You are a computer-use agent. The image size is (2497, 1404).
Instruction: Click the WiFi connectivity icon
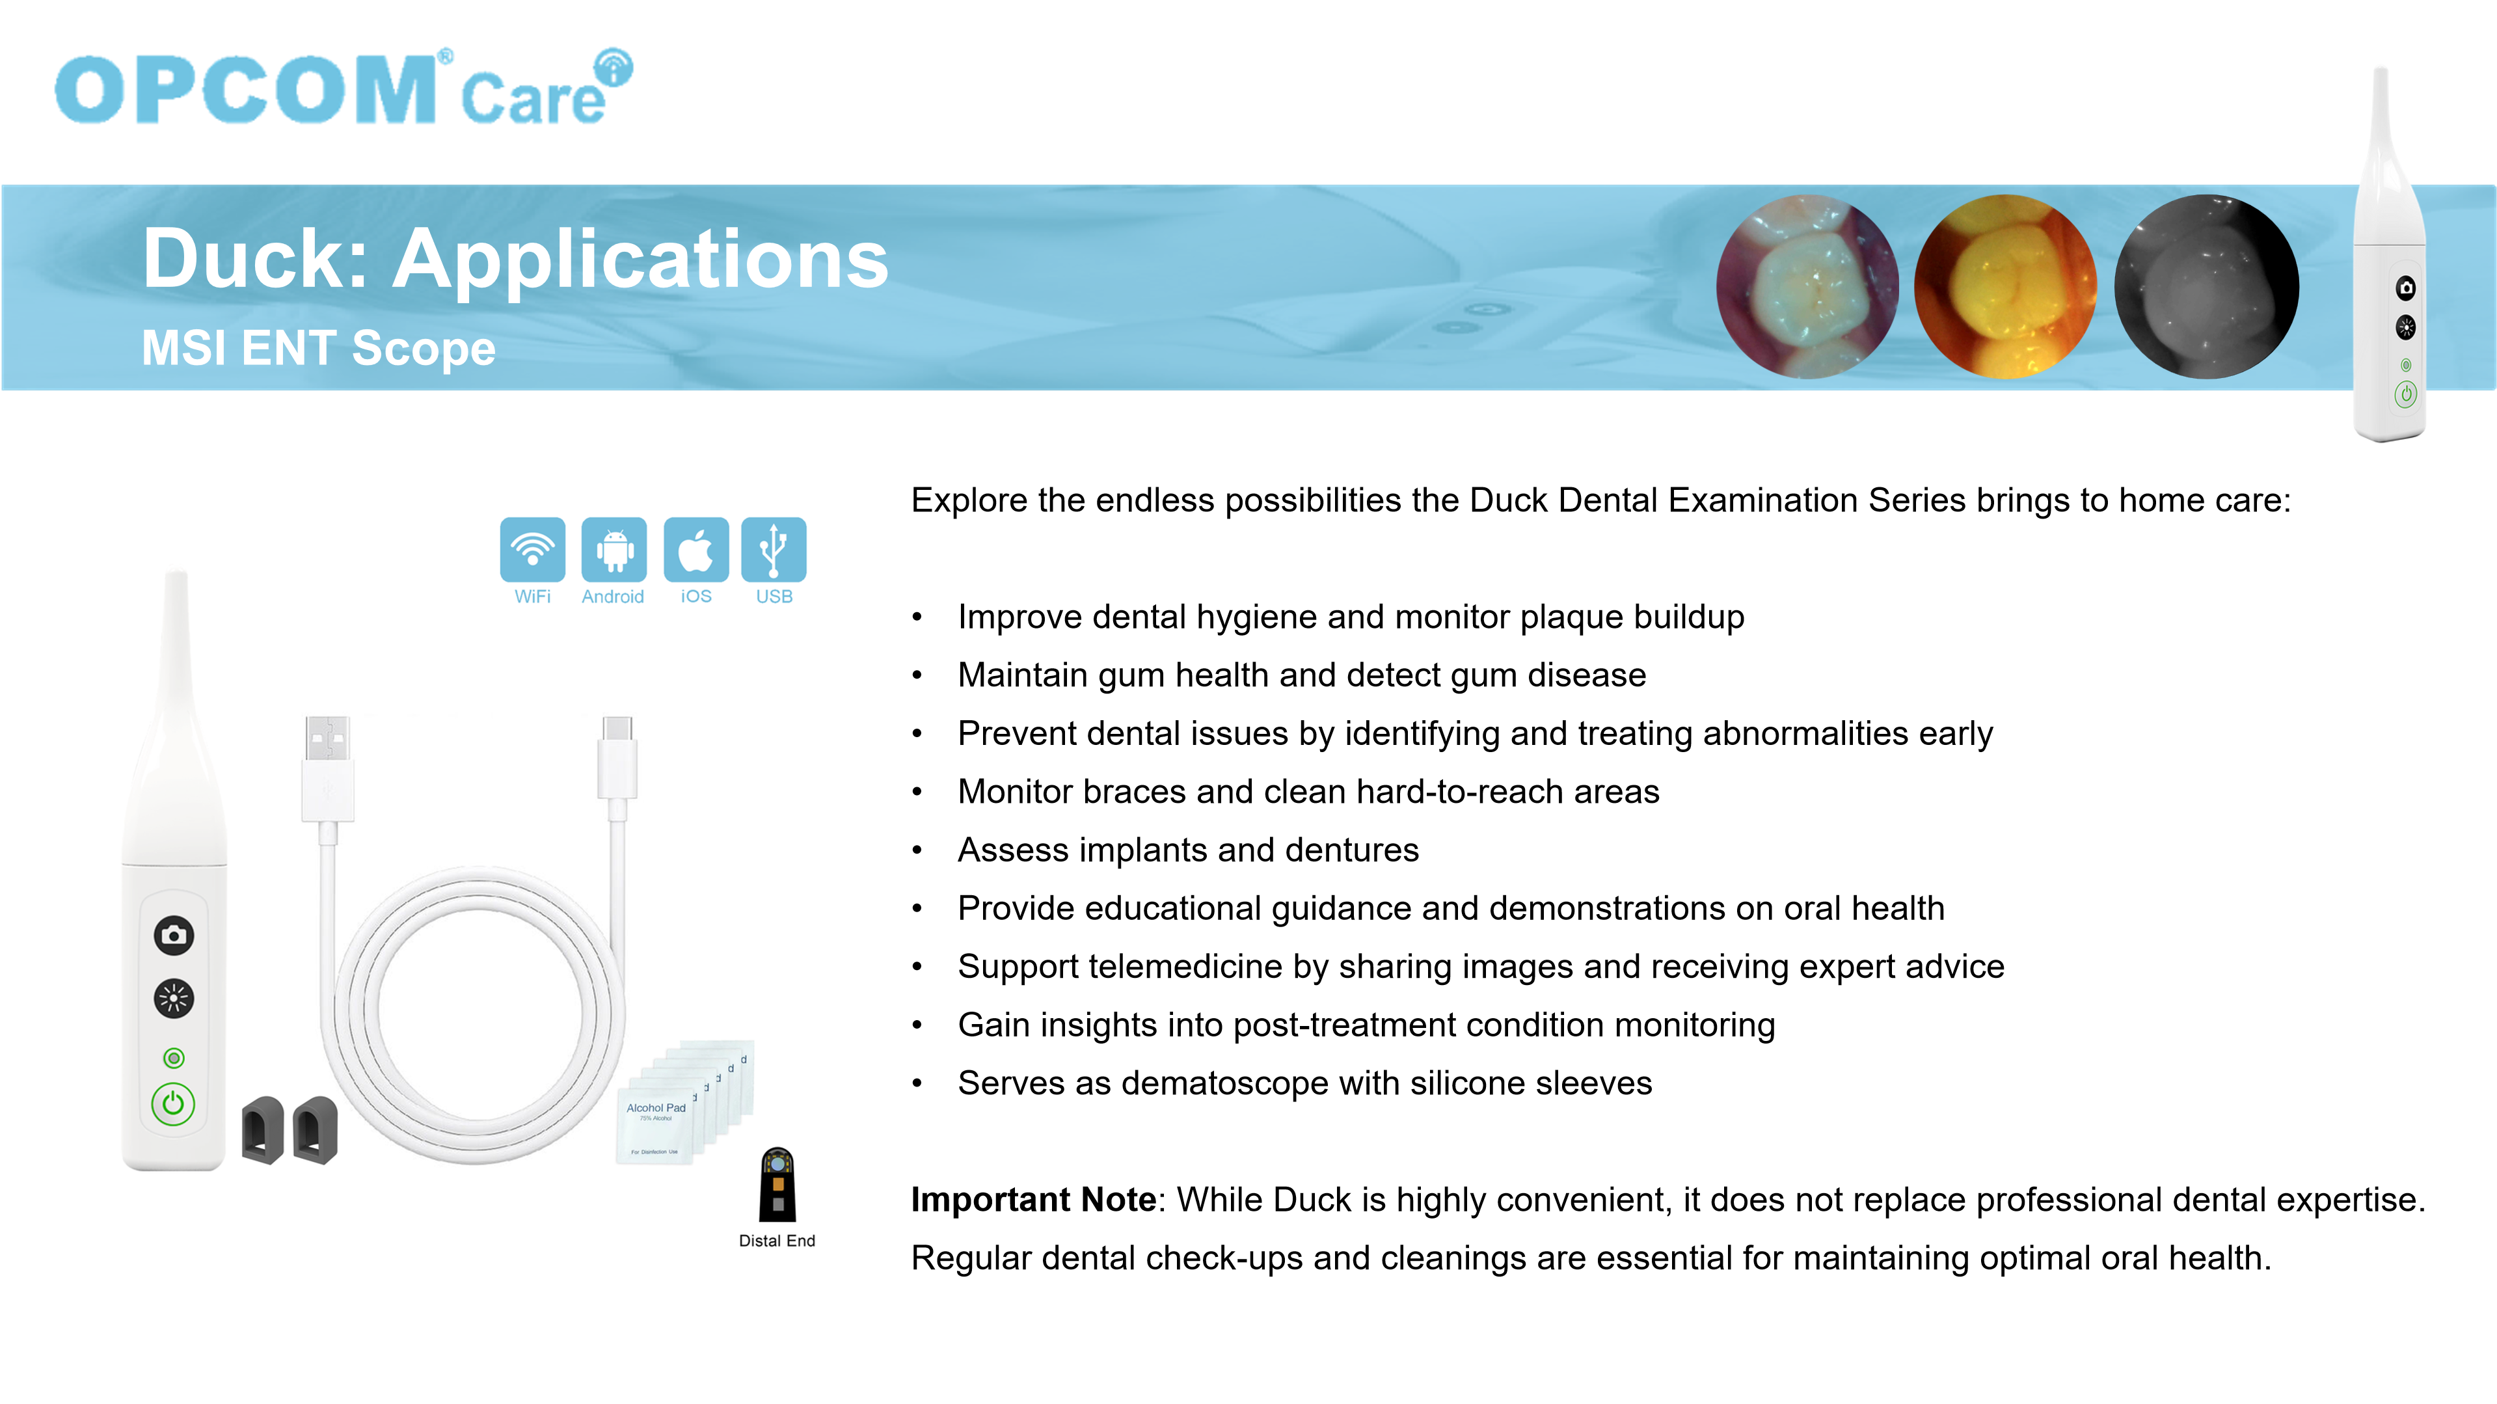(532, 550)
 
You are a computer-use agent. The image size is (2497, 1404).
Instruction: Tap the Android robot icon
(614, 550)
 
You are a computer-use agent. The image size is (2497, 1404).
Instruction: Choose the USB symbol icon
(774, 550)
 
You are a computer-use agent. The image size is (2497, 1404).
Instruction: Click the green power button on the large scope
(174, 1103)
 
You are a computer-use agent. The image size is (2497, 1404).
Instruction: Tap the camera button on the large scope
(174, 935)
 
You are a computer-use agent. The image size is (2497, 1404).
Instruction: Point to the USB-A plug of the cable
(328, 768)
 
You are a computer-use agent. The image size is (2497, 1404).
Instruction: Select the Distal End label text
(776, 1240)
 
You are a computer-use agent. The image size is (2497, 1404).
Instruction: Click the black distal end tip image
(777, 1184)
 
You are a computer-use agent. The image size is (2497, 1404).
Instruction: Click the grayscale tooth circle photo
(2206, 286)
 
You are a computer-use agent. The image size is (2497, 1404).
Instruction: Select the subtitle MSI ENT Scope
(319, 348)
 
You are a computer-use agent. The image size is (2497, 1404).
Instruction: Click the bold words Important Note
(1033, 1200)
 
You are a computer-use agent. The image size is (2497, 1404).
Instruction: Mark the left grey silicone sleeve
(263, 1129)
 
